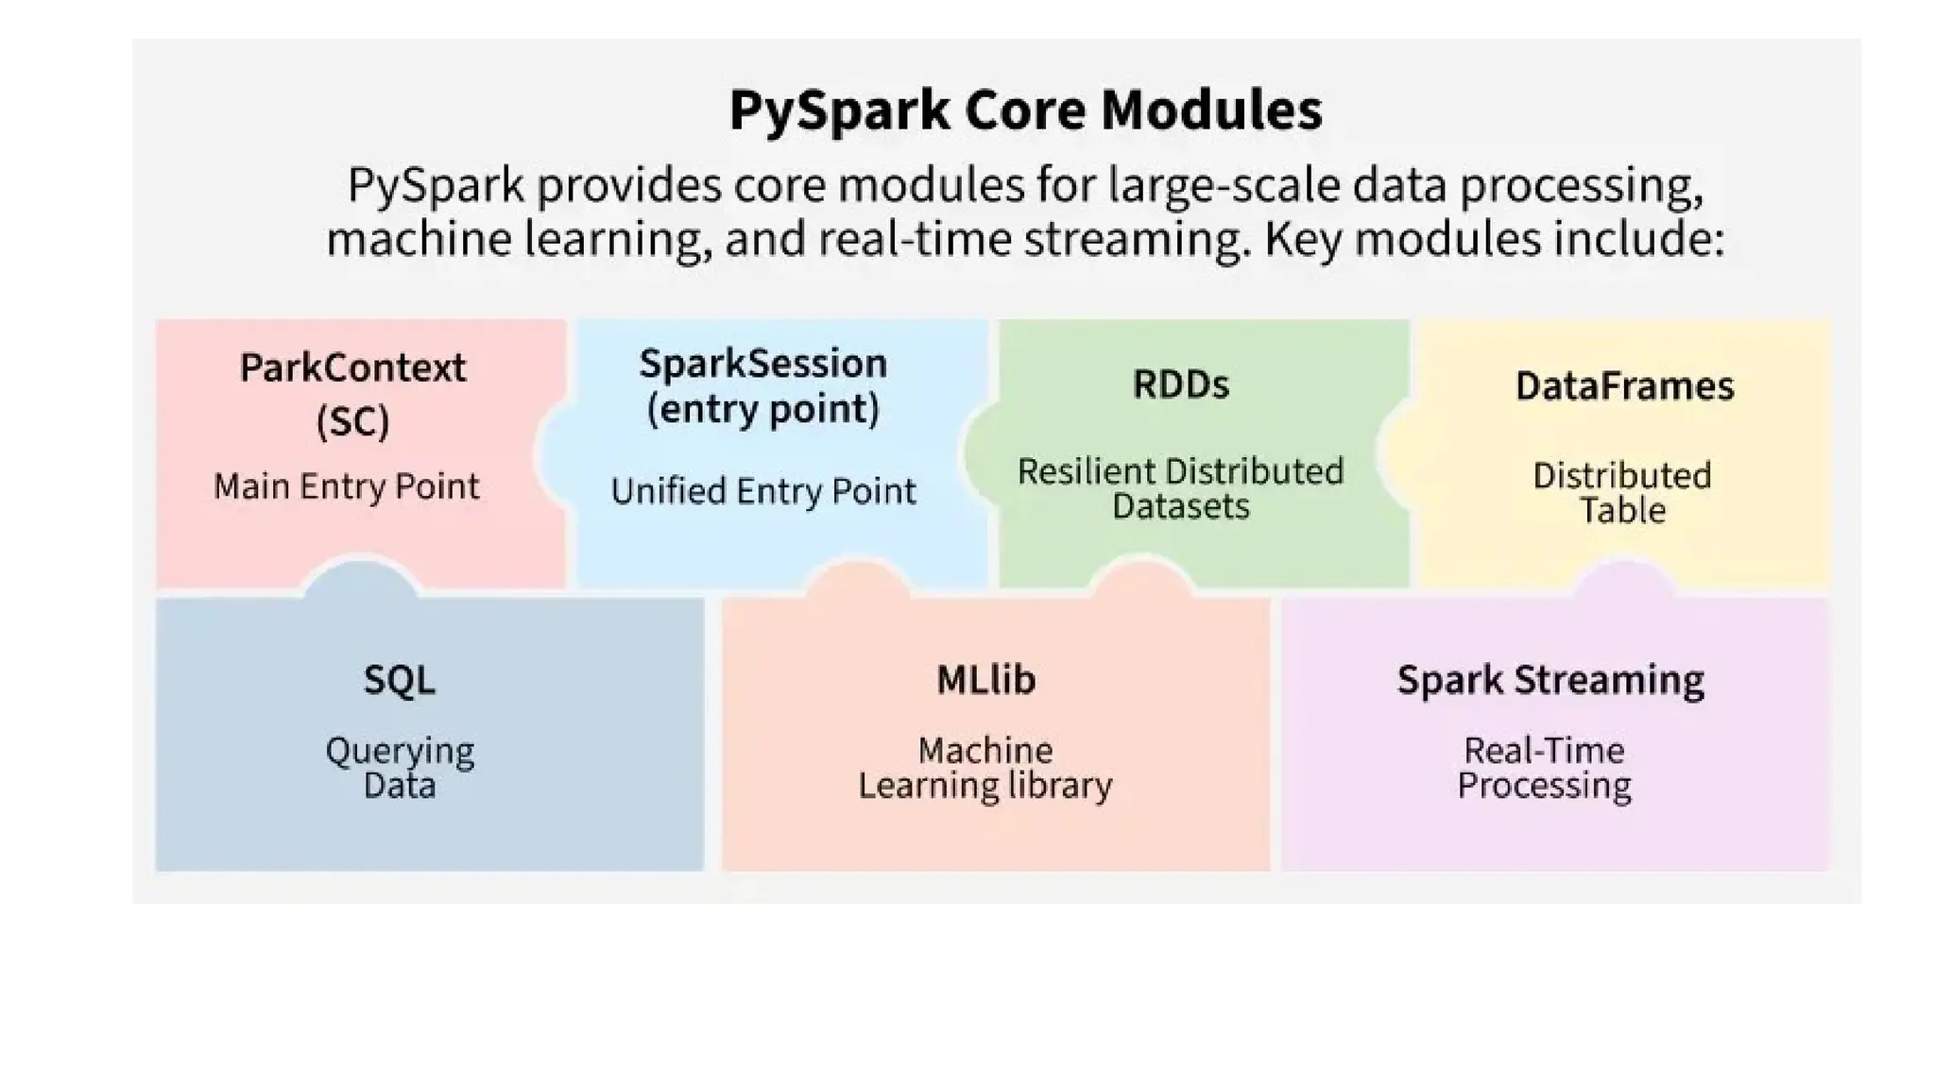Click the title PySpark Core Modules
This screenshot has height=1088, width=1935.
1025,110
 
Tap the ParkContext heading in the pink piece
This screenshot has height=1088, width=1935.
352,367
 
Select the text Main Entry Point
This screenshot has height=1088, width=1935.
346,486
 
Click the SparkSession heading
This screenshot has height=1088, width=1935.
762,364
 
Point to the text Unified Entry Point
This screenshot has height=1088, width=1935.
762,491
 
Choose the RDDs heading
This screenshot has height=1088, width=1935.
1181,384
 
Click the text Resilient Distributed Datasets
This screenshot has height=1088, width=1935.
1180,488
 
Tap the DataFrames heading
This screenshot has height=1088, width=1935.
1624,386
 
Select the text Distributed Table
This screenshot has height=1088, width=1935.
1622,492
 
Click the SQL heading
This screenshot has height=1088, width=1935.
400,680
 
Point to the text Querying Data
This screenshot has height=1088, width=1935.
400,768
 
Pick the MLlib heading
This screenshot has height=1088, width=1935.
985,680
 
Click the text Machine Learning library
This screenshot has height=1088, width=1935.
985,768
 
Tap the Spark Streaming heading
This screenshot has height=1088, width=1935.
1550,680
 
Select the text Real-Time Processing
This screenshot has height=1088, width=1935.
1544,768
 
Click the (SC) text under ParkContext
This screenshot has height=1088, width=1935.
352,421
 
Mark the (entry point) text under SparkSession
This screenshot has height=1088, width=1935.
762,409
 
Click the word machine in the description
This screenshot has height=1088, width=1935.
418,239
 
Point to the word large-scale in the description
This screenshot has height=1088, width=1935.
1224,185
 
